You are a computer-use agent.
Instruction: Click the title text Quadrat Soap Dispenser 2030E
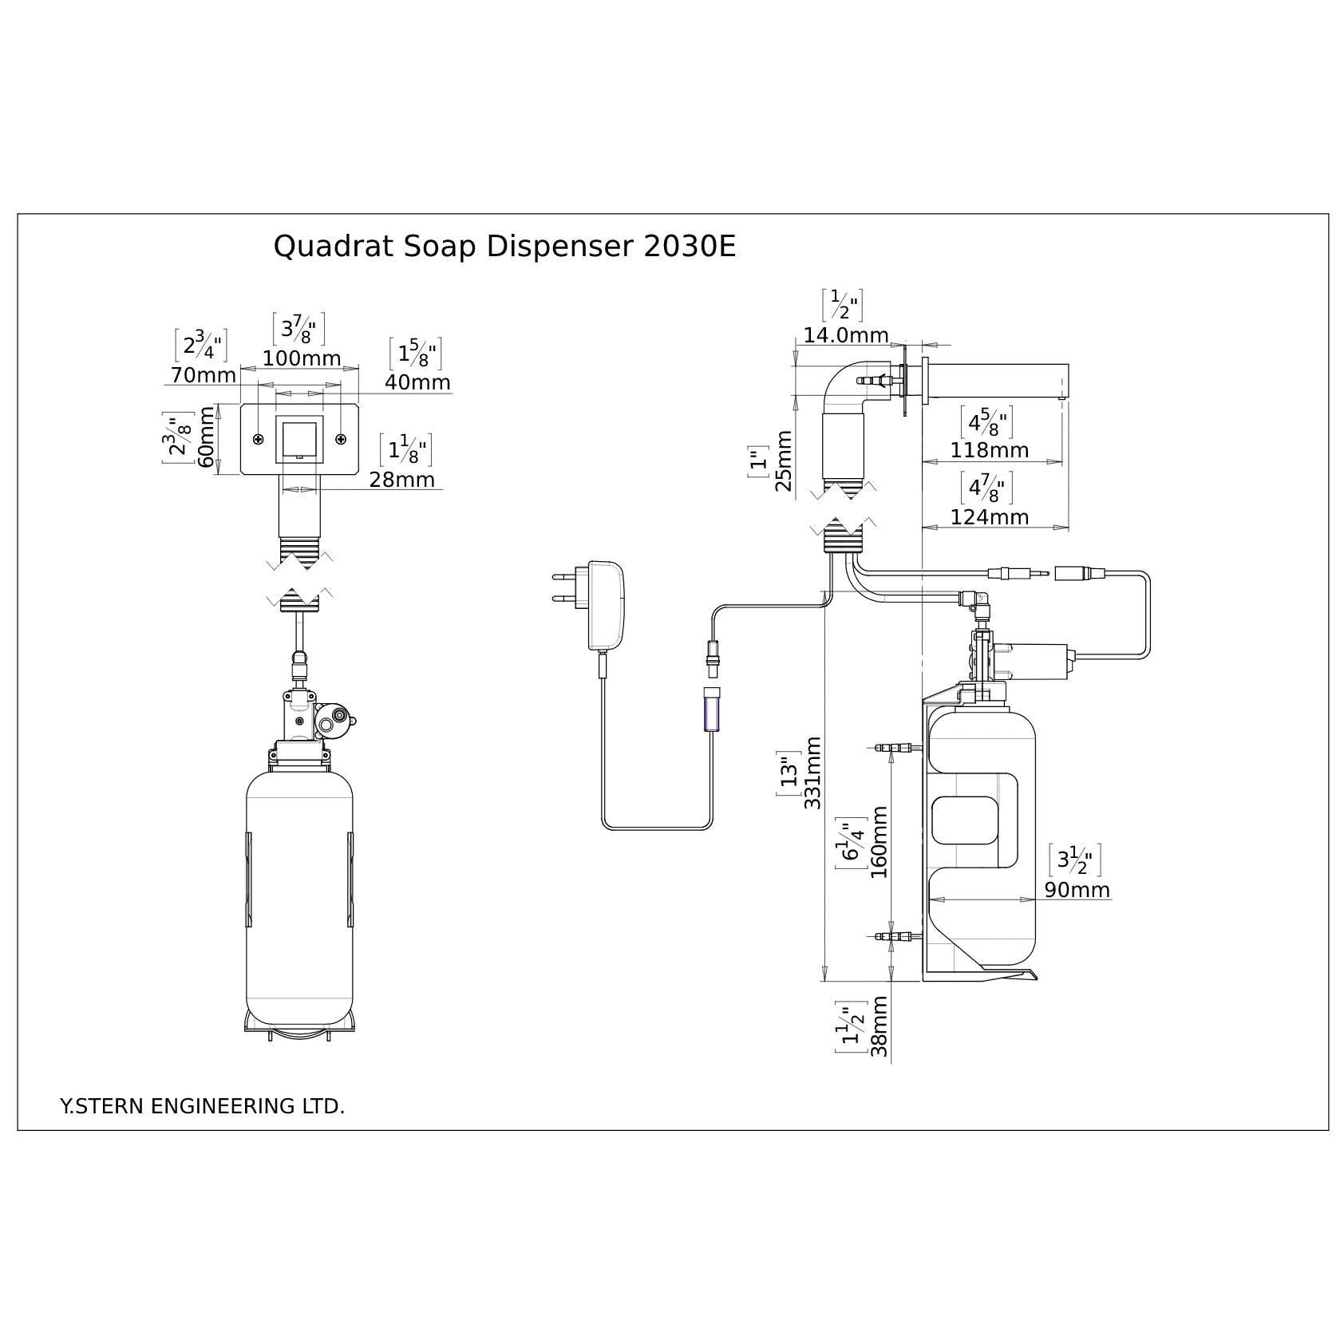(x=504, y=247)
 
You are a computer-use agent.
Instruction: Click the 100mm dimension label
(x=302, y=359)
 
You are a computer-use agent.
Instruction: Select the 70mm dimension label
(x=204, y=375)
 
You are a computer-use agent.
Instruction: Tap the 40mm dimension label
(x=417, y=383)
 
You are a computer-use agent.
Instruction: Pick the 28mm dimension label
(x=401, y=480)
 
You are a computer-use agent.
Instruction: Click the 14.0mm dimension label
(x=845, y=336)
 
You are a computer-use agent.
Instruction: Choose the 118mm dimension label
(x=989, y=451)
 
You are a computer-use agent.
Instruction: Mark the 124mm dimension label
(x=989, y=517)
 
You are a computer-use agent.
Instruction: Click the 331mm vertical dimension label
(x=812, y=773)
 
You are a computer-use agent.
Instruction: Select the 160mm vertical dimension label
(x=879, y=842)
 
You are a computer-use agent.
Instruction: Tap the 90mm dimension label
(x=1077, y=890)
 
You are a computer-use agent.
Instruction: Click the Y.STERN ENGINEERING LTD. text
(x=203, y=1107)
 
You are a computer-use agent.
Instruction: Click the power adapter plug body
(x=606, y=605)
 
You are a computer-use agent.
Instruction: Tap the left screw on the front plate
(x=259, y=440)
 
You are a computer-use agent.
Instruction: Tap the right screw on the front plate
(x=341, y=440)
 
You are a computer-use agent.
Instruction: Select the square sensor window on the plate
(x=299, y=439)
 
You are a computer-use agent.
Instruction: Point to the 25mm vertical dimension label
(x=785, y=461)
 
